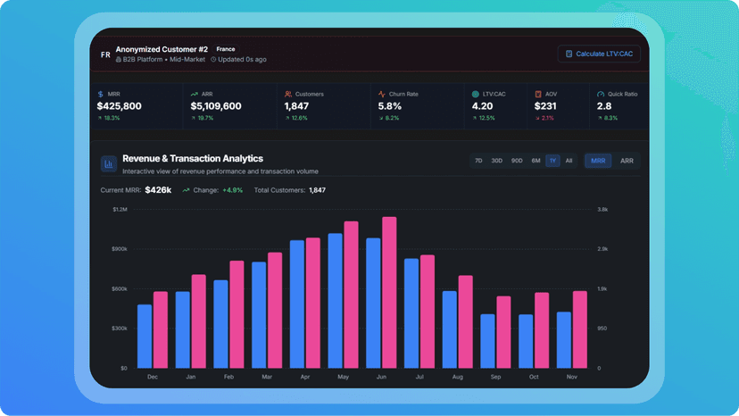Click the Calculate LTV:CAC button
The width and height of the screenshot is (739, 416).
click(x=599, y=54)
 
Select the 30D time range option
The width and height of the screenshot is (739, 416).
click(x=497, y=161)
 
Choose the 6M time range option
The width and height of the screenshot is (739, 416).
click(x=536, y=161)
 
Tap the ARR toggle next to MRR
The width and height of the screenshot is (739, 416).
click(x=627, y=161)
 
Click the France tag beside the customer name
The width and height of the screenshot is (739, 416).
click(x=226, y=49)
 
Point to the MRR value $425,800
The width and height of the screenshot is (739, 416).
click(x=120, y=106)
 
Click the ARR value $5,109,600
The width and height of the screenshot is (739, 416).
click(x=216, y=106)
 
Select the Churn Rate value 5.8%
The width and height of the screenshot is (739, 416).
click(x=390, y=106)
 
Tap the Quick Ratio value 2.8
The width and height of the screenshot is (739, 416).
click(x=604, y=106)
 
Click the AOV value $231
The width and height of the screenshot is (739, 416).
click(x=545, y=106)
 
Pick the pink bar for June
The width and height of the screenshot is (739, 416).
click(x=389, y=293)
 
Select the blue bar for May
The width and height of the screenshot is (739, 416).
click(x=335, y=301)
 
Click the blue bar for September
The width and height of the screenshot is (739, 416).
click(x=487, y=341)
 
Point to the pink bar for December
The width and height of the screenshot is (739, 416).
click(x=161, y=329)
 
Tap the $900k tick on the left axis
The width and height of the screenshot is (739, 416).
click(x=120, y=249)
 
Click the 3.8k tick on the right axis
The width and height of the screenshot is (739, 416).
click(x=602, y=210)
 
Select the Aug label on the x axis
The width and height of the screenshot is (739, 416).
click(x=457, y=377)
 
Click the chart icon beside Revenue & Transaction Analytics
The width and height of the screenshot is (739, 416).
click(x=109, y=164)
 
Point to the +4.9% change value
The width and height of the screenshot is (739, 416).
click(x=233, y=190)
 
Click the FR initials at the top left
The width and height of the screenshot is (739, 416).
click(x=105, y=54)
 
